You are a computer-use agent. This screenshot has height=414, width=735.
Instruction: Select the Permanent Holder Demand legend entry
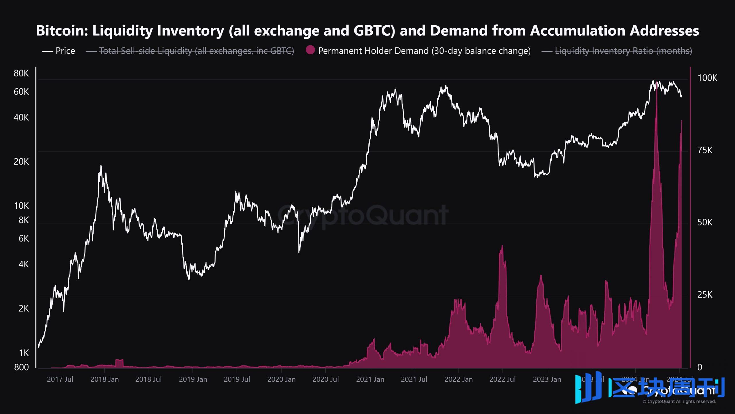[424, 51]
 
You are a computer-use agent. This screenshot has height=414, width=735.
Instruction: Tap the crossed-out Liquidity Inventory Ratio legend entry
[623, 51]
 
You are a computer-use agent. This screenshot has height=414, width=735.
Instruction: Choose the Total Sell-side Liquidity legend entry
[196, 51]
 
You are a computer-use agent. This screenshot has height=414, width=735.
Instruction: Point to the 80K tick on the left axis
[21, 73]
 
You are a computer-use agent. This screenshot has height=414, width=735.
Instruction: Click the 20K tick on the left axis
[21, 162]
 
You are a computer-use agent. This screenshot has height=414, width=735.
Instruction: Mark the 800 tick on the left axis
[21, 367]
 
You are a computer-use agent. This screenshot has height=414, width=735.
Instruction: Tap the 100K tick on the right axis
[707, 78]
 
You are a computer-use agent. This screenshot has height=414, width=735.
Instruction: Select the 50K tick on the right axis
[705, 222]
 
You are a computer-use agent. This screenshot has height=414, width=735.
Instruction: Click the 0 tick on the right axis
[700, 367]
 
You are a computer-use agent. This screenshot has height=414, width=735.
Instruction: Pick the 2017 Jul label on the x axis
[60, 379]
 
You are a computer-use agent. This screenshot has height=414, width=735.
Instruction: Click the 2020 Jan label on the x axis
[281, 379]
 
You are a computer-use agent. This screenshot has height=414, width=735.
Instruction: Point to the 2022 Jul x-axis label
[502, 379]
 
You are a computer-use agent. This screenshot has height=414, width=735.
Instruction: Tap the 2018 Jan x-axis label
[105, 379]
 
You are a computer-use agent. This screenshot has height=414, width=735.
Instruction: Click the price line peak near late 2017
[101, 166]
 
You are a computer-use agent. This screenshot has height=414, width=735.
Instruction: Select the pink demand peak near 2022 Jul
[502, 246]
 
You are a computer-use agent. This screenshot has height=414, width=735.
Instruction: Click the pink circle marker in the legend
[310, 50]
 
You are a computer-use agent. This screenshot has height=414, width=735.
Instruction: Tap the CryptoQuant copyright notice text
[679, 401]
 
